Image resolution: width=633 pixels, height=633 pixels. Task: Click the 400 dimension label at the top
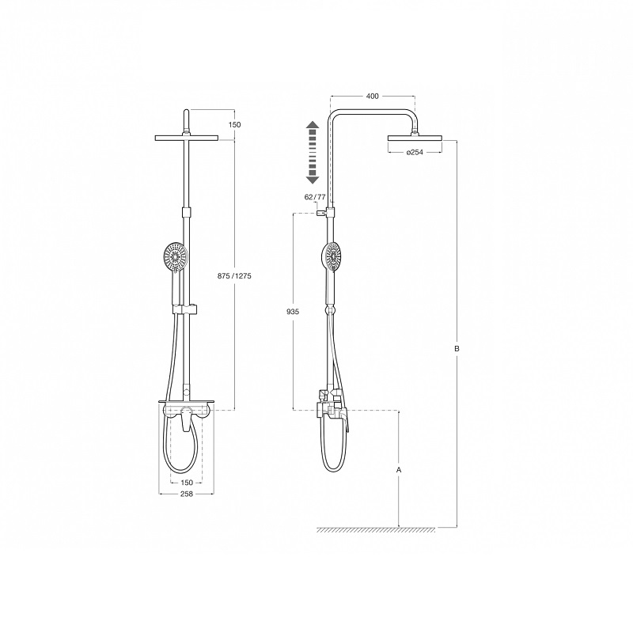coord(372,96)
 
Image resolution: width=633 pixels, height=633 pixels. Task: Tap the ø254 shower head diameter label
coord(415,152)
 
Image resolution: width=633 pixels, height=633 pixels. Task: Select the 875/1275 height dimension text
coord(234,276)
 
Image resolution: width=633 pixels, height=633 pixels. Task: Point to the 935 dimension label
coord(293,312)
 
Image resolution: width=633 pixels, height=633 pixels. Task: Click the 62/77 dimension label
coord(315,197)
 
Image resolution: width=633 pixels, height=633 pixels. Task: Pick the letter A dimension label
coord(399,470)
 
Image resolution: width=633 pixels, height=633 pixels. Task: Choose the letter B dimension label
coord(457,349)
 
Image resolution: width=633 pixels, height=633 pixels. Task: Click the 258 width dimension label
coord(187,494)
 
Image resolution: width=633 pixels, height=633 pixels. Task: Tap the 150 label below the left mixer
coord(187,483)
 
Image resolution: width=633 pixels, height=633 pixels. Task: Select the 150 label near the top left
coord(234,125)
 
